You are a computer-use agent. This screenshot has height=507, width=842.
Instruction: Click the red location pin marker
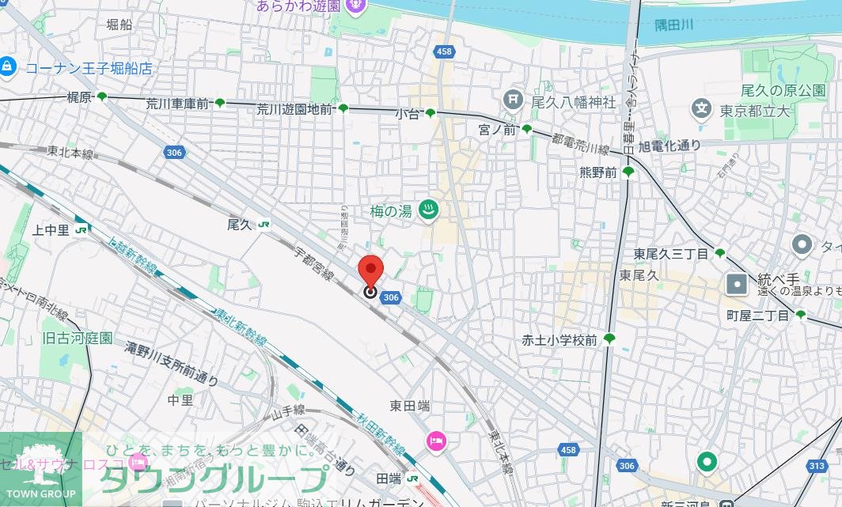(370, 271)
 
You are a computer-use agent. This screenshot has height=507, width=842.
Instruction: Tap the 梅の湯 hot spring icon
(428, 210)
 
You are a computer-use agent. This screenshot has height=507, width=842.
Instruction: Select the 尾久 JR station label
(238, 225)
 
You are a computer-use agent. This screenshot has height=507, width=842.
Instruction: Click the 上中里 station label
(49, 229)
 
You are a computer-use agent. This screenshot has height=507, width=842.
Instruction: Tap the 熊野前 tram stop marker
(628, 171)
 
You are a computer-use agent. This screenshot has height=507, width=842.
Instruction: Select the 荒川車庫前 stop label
(178, 103)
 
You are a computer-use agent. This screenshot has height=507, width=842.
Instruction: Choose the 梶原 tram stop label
(80, 97)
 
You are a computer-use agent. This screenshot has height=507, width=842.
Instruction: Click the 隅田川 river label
(673, 25)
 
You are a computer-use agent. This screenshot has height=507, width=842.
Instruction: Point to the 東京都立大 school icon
(701, 108)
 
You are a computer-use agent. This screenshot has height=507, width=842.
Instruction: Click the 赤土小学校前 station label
(559, 340)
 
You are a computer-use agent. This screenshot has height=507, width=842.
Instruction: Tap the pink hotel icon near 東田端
(436, 441)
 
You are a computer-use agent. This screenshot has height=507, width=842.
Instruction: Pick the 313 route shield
(817, 466)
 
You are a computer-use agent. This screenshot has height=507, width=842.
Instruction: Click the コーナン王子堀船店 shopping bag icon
(8, 66)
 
